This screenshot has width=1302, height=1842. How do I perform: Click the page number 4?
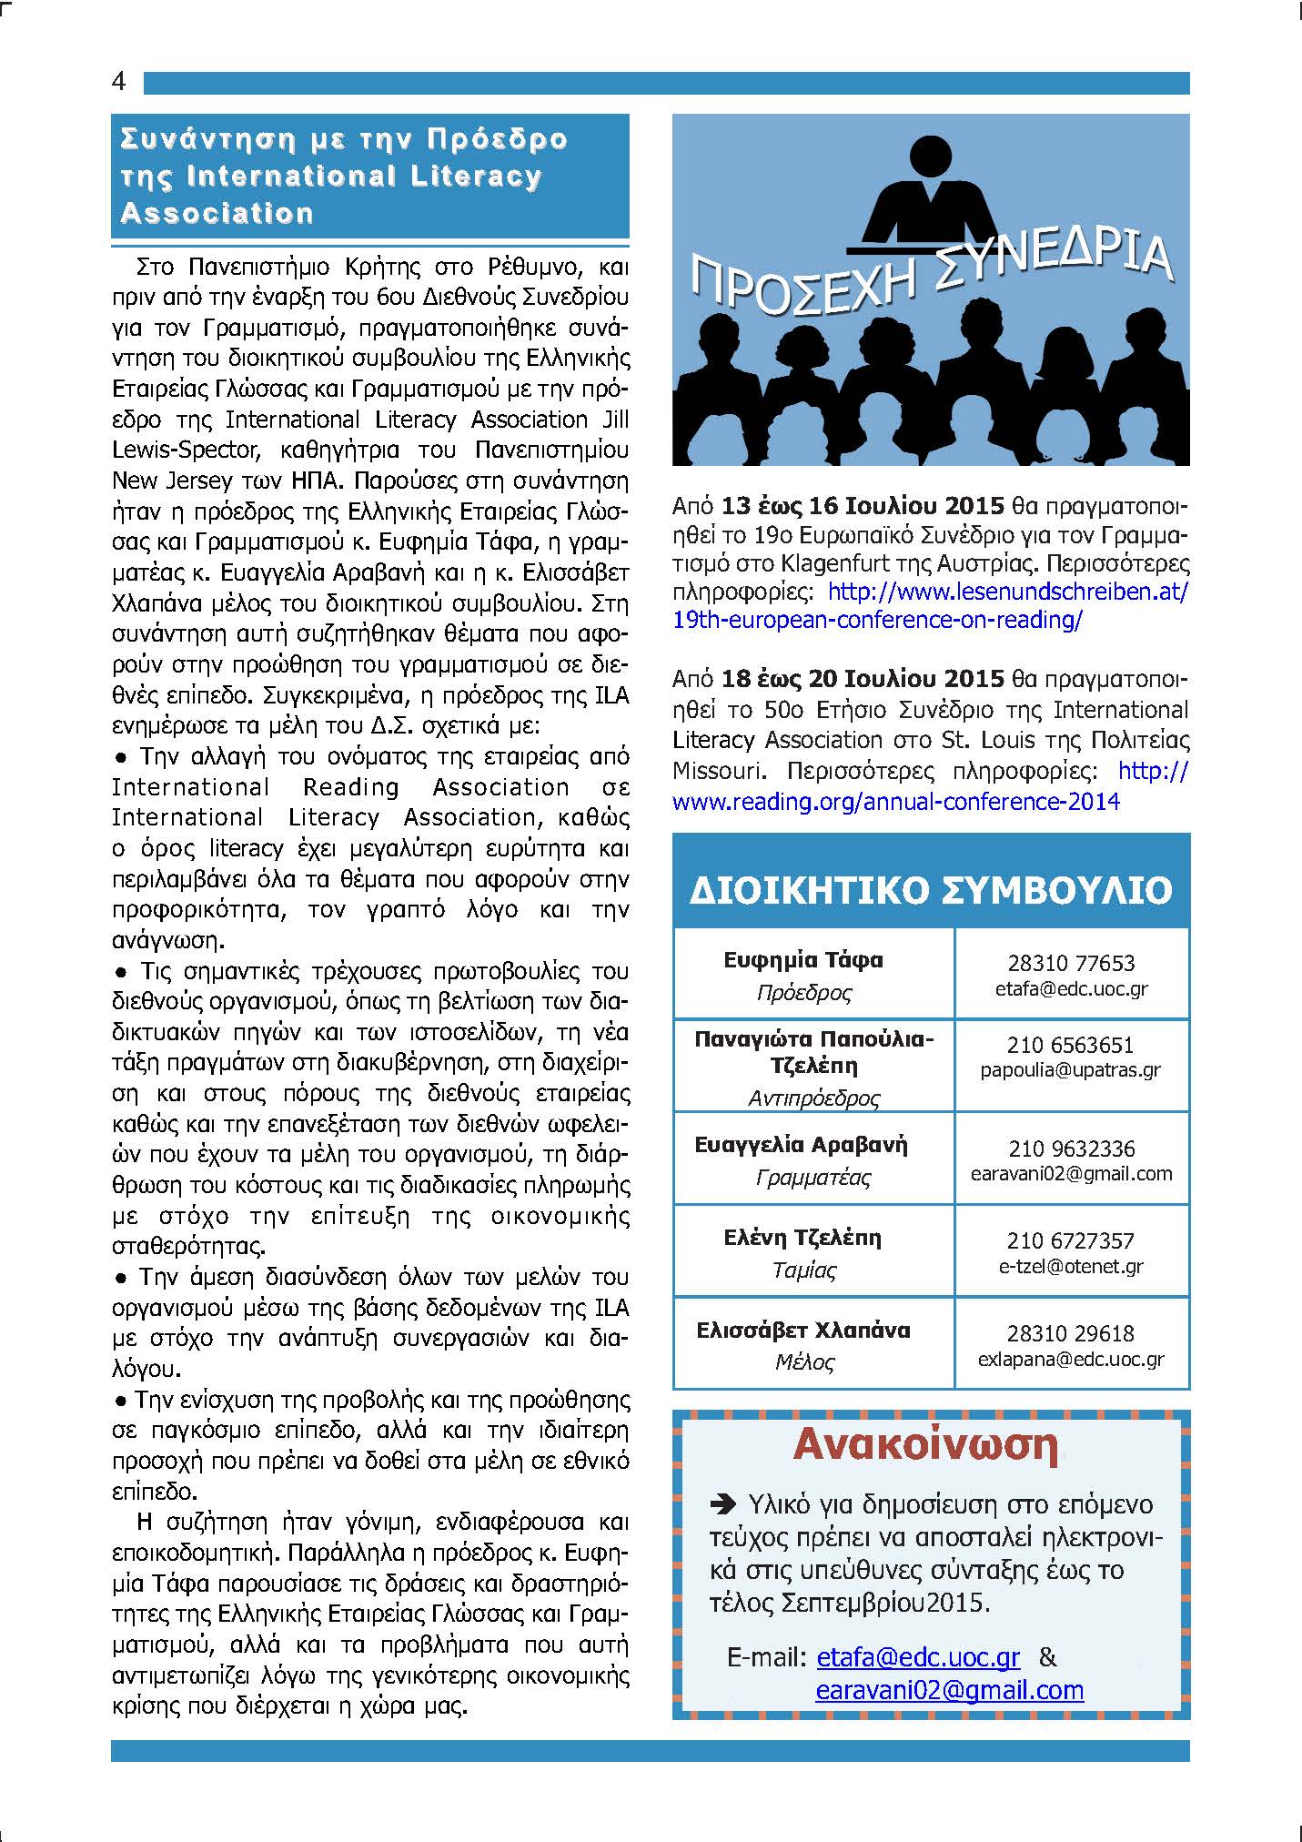(119, 82)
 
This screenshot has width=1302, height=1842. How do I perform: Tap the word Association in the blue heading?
(217, 213)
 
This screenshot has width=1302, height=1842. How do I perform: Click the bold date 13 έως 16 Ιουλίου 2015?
(863, 506)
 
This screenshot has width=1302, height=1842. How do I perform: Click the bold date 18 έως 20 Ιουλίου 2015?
(863, 679)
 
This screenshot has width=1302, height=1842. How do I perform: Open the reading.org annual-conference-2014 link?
(896, 802)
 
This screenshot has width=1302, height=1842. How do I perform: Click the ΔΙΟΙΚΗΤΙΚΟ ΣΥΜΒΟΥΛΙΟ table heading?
(931, 890)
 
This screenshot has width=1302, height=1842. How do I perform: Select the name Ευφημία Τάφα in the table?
(803, 960)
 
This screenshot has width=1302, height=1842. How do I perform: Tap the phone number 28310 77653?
(1071, 963)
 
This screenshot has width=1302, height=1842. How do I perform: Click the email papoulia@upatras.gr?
(1070, 1070)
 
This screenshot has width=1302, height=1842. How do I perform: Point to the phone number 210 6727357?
(1070, 1240)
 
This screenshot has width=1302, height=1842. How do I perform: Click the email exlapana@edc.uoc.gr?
(1071, 1360)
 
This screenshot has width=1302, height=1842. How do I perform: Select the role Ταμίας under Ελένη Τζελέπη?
(804, 1270)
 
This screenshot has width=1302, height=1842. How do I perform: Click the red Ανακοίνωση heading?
(926, 1445)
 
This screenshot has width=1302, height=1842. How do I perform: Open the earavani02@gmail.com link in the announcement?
(949, 1691)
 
